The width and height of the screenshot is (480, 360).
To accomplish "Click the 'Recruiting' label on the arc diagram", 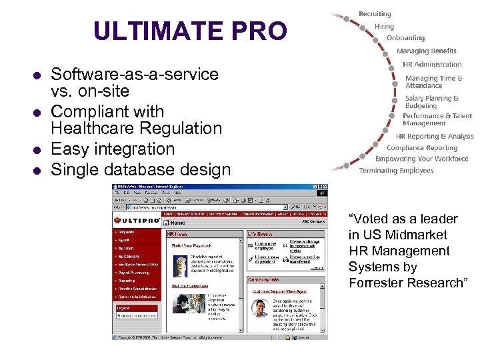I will [x=375, y=14].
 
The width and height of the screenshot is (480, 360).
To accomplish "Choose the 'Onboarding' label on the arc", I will [x=405, y=38].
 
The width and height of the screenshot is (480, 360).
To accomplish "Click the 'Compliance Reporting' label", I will [x=422, y=148].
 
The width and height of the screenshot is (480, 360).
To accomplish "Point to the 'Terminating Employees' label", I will [x=396, y=171].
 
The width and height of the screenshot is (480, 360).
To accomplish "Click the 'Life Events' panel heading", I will [x=261, y=235].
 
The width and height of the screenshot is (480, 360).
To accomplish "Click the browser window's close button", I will [x=324, y=186].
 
